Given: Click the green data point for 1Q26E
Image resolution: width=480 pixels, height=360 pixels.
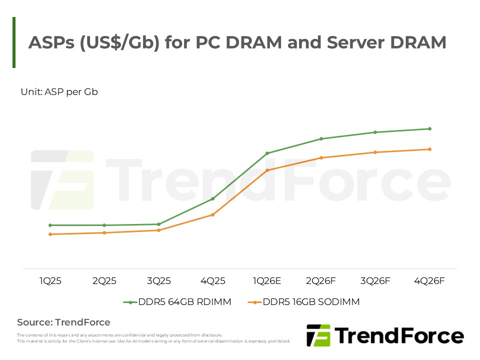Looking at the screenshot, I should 267,153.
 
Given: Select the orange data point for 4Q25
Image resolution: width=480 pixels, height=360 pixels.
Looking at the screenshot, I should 212,214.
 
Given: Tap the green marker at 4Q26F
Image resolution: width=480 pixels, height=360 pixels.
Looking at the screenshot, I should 429,128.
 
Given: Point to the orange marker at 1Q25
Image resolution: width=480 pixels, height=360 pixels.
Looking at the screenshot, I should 50,234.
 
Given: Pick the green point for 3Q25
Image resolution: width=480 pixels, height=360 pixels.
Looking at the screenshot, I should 158,224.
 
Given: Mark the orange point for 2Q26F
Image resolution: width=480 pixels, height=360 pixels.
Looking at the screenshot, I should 321,157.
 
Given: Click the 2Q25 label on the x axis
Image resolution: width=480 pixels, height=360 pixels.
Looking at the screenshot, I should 104,281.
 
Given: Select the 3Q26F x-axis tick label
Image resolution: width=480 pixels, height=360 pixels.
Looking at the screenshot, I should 375,281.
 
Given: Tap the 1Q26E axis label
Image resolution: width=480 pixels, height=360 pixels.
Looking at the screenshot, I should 266,281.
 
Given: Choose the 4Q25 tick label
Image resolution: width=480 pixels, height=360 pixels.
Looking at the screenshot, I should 212,281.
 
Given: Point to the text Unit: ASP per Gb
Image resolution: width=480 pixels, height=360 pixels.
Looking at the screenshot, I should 59,92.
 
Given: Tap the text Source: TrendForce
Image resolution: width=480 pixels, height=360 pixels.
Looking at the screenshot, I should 63,322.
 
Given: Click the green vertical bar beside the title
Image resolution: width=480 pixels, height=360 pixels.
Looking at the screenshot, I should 14,42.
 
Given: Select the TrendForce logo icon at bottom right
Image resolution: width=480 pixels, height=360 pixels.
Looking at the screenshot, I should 318,335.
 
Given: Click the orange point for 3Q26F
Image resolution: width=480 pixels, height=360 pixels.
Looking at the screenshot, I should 375,152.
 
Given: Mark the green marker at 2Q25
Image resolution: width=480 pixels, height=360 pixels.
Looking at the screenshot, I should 104,225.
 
